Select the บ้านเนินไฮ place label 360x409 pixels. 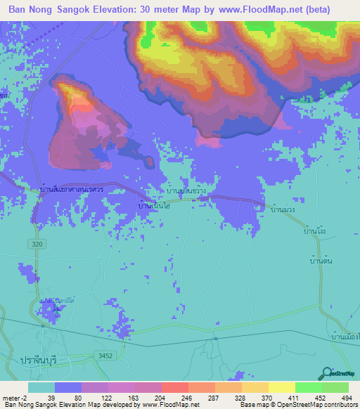(x=154, y=205)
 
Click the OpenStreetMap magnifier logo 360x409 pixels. (x=327, y=373)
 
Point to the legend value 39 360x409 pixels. (x=51, y=398)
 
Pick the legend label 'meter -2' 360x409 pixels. (x=15, y=398)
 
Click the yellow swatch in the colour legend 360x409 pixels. (x=282, y=387)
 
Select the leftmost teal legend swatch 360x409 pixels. (x=41, y=387)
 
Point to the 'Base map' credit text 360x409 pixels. (x=254, y=405)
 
